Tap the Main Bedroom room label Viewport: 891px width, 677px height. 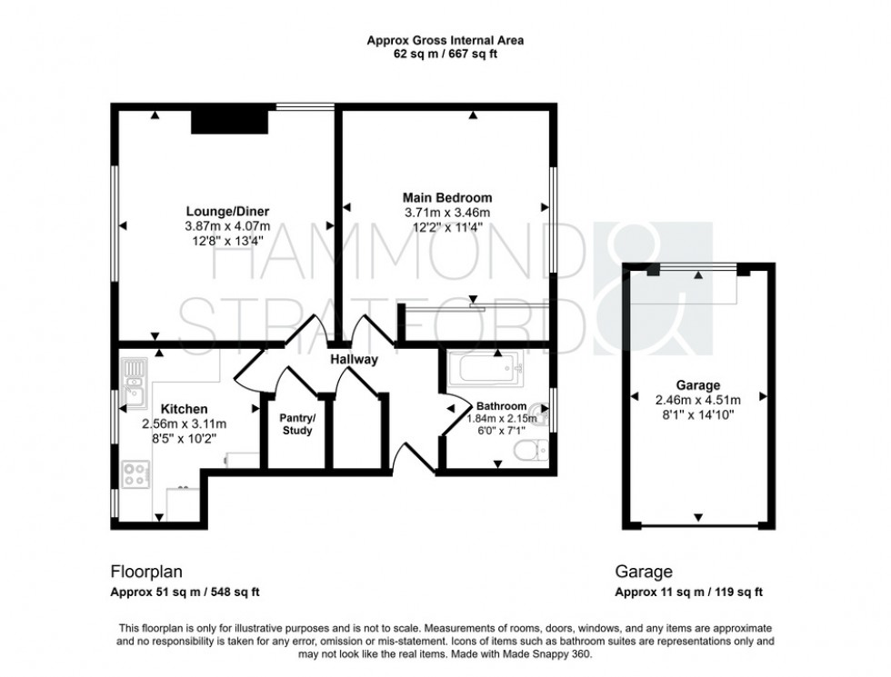(x=447, y=197)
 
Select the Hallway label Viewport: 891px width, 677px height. (x=354, y=360)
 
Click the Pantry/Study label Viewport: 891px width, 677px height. (x=296, y=424)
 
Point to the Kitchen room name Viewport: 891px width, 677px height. (x=185, y=410)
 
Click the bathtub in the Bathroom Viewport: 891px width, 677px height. (x=482, y=369)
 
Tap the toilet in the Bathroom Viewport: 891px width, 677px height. (x=536, y=447)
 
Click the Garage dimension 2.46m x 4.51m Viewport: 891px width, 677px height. (x=697, y=399)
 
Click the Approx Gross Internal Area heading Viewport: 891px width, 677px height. (x=445, y=40)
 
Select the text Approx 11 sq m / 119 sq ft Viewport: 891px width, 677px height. (x=689, y=592)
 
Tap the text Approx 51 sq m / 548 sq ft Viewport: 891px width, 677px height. (x=185, y=592)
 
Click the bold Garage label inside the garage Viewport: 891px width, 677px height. (x=698, y=384)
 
